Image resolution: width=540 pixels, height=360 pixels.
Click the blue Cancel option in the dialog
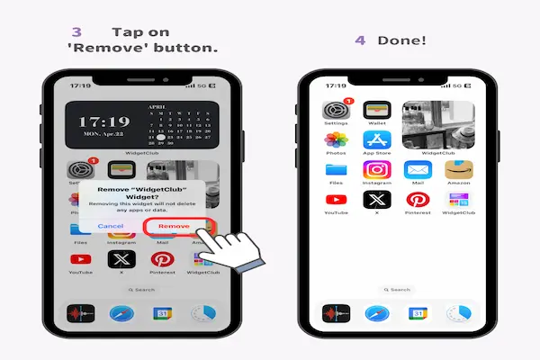pyautogui.click(x=111, y=226)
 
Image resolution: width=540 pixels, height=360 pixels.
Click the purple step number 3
pyautogui.click(x=76, y=31)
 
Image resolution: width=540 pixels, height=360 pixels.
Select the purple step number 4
pyautogui.click(x=360, y=41)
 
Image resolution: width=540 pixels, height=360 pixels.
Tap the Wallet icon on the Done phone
pyautogui.click(x=375, y=111)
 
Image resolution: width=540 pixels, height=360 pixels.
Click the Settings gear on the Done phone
pyautogui.click(x=336, y=111)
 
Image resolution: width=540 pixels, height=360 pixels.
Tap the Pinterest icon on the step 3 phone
pyautogui.click(x=163, y=260)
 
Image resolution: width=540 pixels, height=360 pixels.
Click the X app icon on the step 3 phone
pyautogui.click(x=120, y=260)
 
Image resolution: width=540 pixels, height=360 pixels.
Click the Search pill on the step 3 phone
pyautogui.click(x=141, y=290)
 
